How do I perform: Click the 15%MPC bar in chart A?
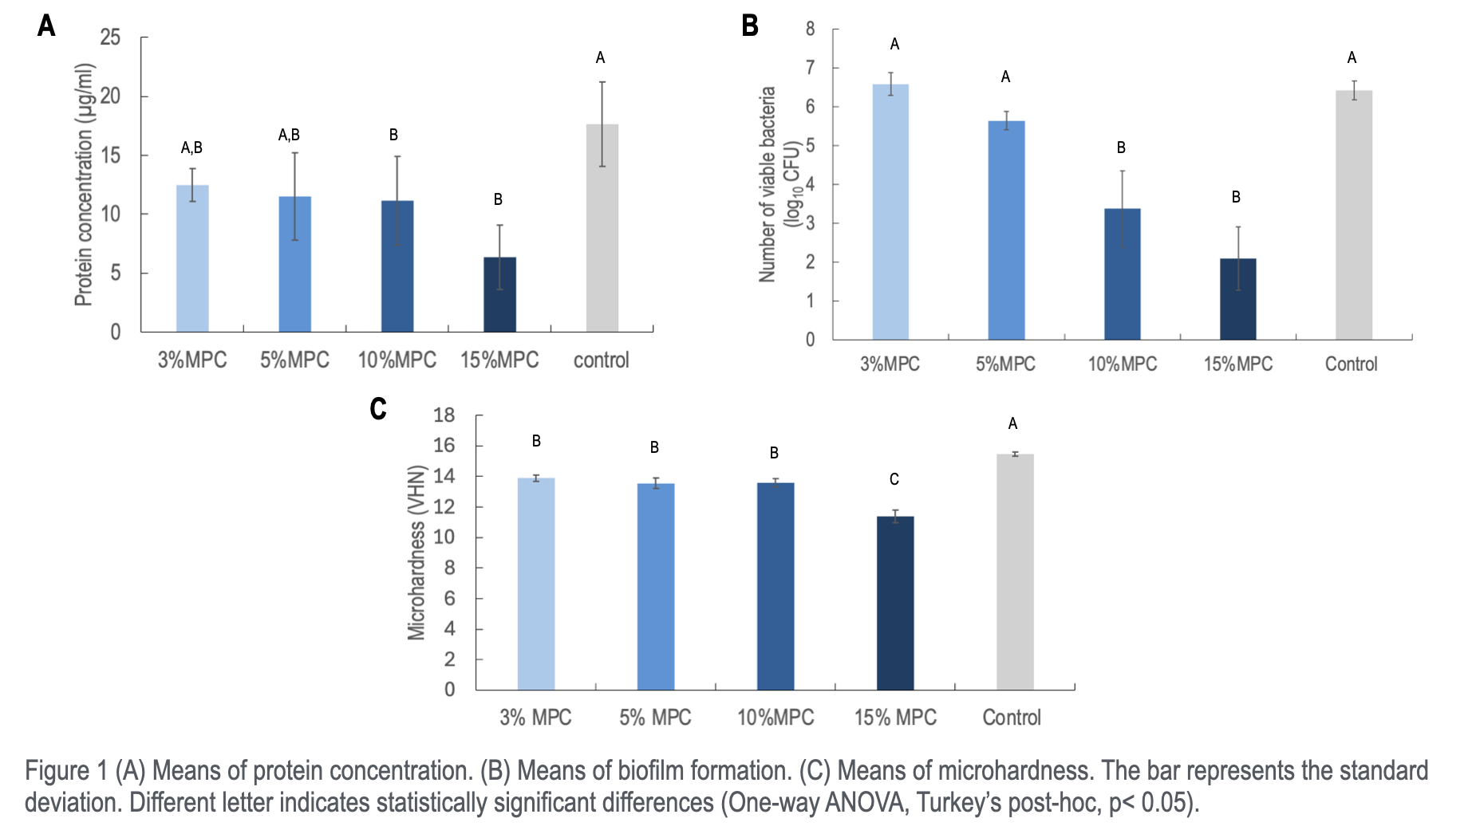coord(499,294)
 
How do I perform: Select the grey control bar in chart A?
coord(602,228)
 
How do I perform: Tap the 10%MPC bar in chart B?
coord(1122,274)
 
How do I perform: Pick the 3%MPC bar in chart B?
coord(890,212)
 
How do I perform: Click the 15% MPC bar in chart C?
coord(895,603)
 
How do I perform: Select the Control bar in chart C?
coord(1015,572)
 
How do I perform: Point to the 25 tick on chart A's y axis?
coord(110,37)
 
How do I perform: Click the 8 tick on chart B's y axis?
coord(810,29)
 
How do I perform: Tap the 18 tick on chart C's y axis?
coord(444,415)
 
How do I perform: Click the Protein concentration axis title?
coord(85,184)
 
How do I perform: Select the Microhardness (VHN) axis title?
coord(416,553)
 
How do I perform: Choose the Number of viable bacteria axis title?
coord(778,184)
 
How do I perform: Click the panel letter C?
coord(378,409)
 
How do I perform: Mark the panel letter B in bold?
coord(750,26)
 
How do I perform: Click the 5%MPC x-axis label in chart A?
coord(294,360)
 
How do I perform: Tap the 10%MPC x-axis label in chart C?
coord(775,718)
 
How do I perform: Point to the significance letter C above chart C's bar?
coord(894,479)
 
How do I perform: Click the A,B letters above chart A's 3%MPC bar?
coord(191,147)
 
